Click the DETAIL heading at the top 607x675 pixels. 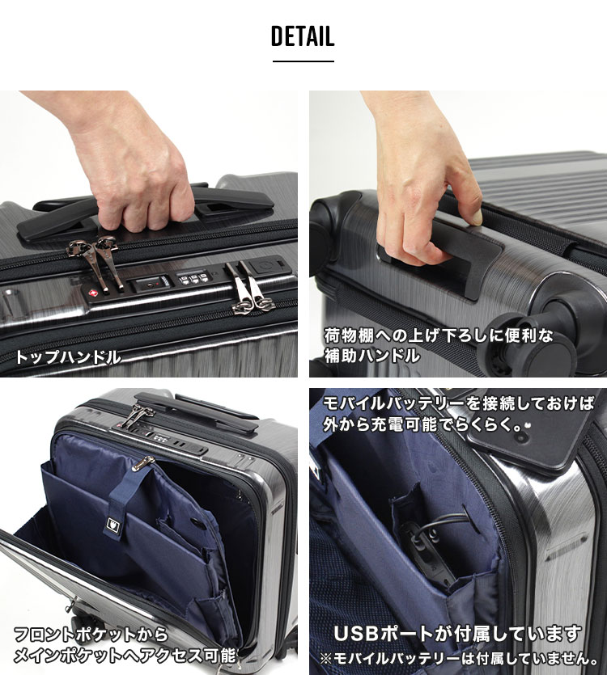pos(303,36)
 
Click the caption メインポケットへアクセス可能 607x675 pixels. pos(125,656)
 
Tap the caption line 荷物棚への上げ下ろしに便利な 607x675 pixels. pos(439,335)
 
